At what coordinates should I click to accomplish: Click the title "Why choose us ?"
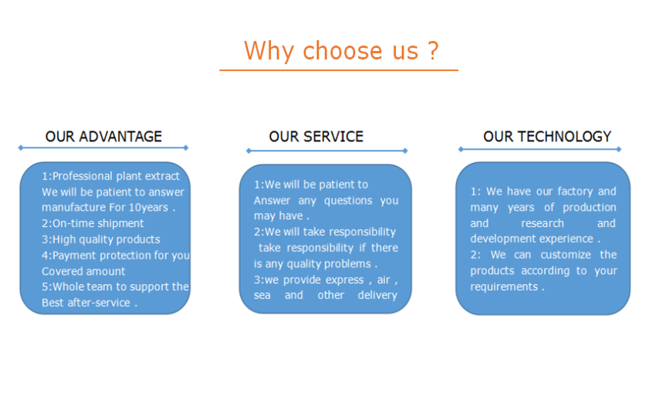pyautogui.click(x=341, y=51)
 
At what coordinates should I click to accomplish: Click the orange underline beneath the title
pyautogui.click(x=338, y=70)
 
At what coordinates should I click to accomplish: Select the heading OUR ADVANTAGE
pyautogui.click(x=103, y=137)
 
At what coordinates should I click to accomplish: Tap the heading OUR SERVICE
pyautogui.click(x=316, y=137)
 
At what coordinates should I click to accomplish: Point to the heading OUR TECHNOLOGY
pyautogui.click(x=547, y=137)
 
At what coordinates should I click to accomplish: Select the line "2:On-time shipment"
pyautogui.click(x=93, y=223)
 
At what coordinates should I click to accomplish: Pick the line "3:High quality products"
pyautogui.click(x=100, y=239)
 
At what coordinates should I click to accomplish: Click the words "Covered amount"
pyautogui.click(x=83, y=271)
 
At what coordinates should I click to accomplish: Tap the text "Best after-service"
pyautogui.click(x=86, y=303)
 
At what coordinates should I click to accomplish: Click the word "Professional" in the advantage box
pyautogui.click(x=86, y=176)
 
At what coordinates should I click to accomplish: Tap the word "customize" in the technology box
pyautogui.click(x=565, y=255)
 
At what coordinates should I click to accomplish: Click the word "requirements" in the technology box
pyautogui.click(x=504, y=287)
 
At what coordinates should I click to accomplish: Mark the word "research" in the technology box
pyautogui.click(x=543, y=223)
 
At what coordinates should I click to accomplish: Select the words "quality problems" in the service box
pyautogui.click(x=327, y=263)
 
